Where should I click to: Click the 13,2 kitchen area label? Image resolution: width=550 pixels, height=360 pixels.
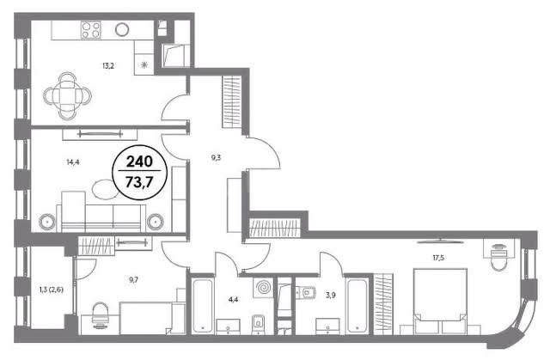coord(108,65)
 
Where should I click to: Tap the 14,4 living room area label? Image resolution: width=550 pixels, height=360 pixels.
coord(72,162)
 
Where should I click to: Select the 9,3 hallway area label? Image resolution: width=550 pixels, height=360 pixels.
coord(216,157)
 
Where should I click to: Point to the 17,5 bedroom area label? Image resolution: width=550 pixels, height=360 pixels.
coord(438,258)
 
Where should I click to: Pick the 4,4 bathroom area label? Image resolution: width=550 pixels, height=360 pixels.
coord(233,299)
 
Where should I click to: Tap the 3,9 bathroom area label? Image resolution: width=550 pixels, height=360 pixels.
coord(330,296)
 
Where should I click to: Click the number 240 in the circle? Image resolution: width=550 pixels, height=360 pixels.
coord(139,162)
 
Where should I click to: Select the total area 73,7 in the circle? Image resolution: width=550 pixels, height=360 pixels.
coord(139,182)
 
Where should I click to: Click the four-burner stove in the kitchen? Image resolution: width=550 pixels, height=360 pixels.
coord(91,29)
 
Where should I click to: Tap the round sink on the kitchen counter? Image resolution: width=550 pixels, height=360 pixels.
coord(122,29)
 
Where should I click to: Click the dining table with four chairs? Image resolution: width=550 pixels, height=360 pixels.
coord(67,95)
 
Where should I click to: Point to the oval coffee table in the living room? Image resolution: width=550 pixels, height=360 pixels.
coord(105,188)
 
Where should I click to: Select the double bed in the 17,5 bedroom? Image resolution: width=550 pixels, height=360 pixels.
coord(440,302)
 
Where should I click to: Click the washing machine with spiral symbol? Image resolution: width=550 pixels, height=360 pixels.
coord(263,288)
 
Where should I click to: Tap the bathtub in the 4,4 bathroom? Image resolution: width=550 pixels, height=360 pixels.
coord(203,305)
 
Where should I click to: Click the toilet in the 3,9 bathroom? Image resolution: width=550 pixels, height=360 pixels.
coord(306,291)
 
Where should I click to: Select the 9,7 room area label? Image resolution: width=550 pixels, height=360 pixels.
coord(133,279)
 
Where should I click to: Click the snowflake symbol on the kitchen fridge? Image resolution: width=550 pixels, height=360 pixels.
coord(144,64)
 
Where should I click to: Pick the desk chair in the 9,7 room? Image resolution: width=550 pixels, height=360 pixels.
coord(101,314)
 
